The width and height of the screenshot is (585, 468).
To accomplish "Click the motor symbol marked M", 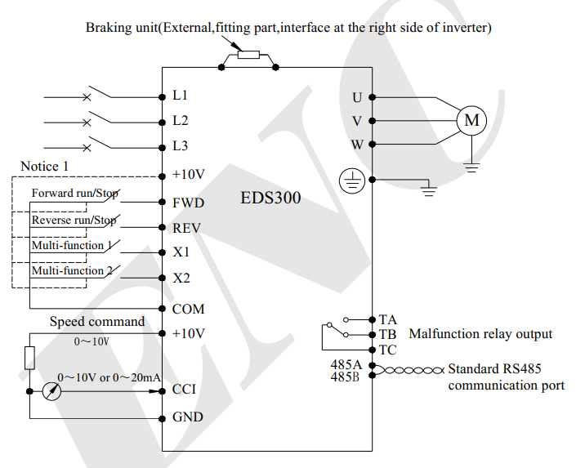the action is point(471,120).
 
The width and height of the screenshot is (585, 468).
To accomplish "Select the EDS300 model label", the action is point(270,198).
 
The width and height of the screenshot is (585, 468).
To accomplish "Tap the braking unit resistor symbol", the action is point(248,55).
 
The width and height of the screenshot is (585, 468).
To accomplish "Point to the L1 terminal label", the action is point(180,96).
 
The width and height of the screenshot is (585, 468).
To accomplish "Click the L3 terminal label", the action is point(180,146).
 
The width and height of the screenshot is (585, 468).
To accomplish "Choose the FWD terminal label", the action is point(188,203).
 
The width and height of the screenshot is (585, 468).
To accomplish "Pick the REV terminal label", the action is point(186,228).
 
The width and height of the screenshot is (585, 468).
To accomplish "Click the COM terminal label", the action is point(189,309).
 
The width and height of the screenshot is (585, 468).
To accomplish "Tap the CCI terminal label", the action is point(184,390).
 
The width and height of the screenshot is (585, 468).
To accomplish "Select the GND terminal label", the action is point(188,417).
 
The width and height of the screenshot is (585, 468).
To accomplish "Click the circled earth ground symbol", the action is point(352,181).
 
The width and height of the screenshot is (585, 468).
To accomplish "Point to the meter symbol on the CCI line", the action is point(51,391).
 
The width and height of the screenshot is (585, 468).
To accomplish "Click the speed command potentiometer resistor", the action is point(29,358).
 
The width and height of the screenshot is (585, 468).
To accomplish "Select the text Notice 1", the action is point(44,167).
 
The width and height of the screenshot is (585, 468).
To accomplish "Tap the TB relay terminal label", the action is point(387,335).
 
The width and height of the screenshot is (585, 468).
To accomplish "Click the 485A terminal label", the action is point(346,364).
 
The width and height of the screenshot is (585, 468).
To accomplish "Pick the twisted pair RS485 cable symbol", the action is point(409,370).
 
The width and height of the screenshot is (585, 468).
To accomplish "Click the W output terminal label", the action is point(357,145).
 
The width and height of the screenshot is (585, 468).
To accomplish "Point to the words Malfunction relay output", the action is point(480,334).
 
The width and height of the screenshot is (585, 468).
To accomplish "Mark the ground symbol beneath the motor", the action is point(472,167).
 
